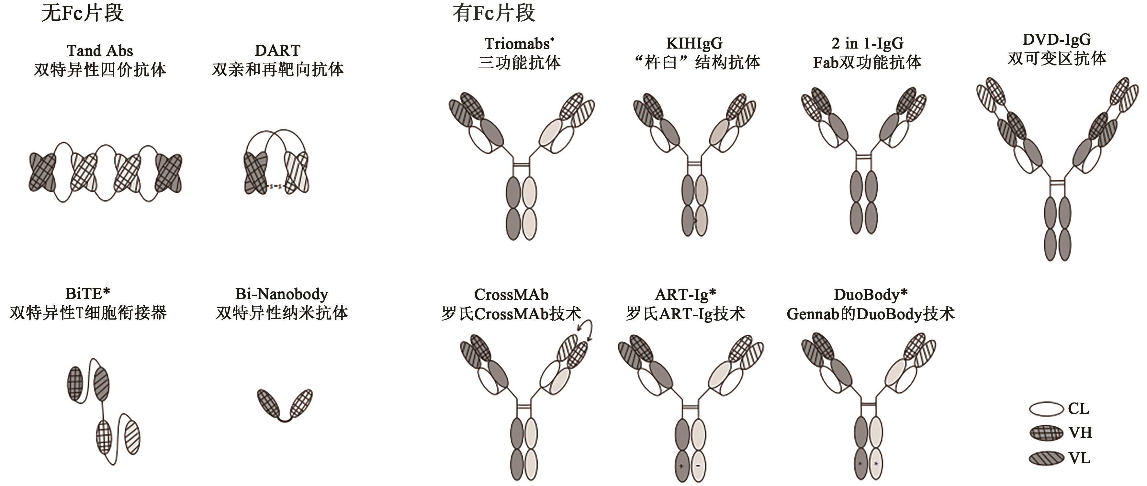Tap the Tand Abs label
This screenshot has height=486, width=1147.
point(100,50)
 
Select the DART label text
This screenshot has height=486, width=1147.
point(277,50)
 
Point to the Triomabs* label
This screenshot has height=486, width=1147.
point(519,44)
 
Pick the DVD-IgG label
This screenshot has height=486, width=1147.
point(1057,39)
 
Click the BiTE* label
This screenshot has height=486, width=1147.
point(88,294)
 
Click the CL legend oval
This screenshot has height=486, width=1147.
point(1046,409)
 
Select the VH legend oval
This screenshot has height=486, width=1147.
point(1046,433)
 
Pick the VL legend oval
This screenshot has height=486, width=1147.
point(1046,458)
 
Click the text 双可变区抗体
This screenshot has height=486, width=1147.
point(1057,58)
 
